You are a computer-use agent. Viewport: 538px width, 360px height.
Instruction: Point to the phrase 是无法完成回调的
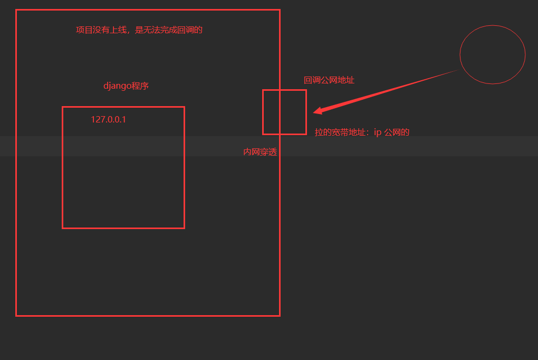(x=169, y=30)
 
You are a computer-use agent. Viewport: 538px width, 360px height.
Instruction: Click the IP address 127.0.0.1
(x=108, y=119)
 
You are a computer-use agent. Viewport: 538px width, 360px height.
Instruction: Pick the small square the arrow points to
(x=284, y=112)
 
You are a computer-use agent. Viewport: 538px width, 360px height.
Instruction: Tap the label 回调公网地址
(x=329, y=80)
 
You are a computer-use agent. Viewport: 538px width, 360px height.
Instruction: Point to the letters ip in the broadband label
(x=378, y=132)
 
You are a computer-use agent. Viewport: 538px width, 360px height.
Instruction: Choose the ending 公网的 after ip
(x=397, y=132)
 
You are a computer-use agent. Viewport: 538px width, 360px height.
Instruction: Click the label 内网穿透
(x=260, y=152)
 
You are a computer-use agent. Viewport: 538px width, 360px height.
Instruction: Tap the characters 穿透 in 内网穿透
(x=268, y=152)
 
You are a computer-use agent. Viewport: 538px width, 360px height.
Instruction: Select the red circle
(x=493, y=54)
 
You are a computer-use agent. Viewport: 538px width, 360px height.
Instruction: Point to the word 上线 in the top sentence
(x=119, y=30)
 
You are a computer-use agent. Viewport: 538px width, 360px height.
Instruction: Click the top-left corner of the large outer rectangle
(x=16, y=10)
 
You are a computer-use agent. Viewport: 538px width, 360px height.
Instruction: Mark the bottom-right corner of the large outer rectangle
(x=280, y=316)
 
